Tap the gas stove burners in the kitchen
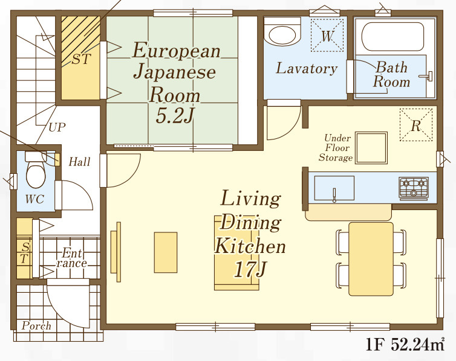[x=414, y=188]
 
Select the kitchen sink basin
[x=334, y=188]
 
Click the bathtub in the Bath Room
[x=392, y=37]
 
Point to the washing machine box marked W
[x=327, y=35]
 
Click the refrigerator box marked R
[x=416, y=125]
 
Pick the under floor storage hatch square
[x=371, y=148]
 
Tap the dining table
[x=371, y=259]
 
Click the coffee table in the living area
[x=166, y=252]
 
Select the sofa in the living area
[x=236, y=253]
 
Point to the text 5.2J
[x=175, y=116]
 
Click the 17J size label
[x=250, y=270]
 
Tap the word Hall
[x=79, y=162]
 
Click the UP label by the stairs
[x=57, y=127]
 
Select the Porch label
[x=36, y=325]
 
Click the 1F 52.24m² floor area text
[x=405, y=345]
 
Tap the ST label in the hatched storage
[x=82, y=59]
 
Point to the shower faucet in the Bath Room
[x=426, y=76]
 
